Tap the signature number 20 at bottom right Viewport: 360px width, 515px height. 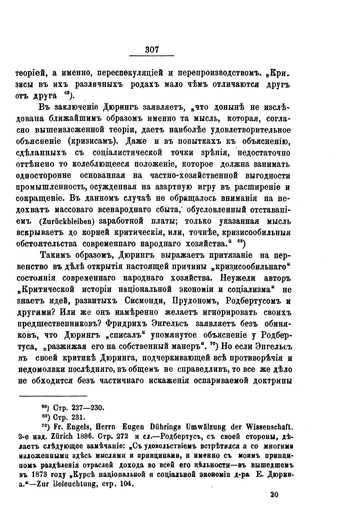[x=274, y=494]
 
